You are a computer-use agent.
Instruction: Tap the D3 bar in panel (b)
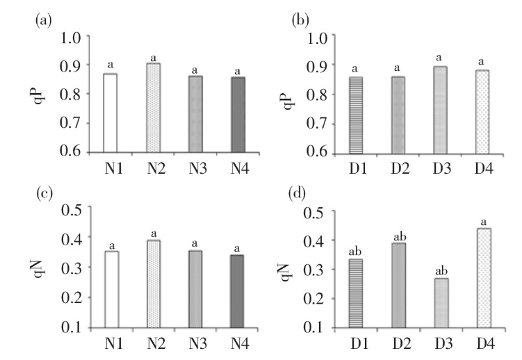pos(440,109)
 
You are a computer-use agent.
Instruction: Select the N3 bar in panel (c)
pos(195,288)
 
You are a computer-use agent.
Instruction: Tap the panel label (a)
pos(43,21)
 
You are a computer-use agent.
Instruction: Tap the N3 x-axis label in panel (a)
pos(195,167)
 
